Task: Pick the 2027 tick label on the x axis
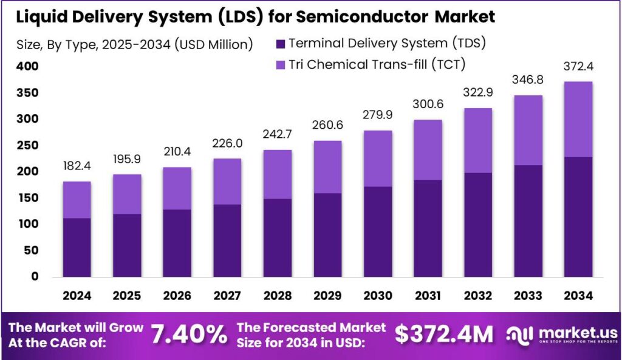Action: coord(227,295)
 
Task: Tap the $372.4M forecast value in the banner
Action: coord(444,334)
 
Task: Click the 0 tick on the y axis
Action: coord(35,276)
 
